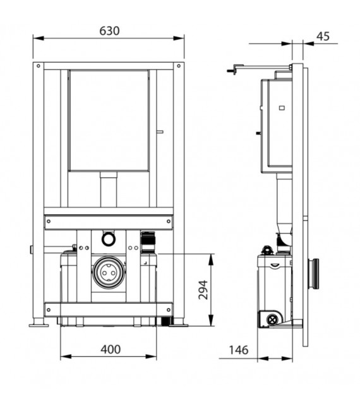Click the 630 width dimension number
109,31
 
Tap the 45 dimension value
323,36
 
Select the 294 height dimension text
203,289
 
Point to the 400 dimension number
109,349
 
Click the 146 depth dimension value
238,350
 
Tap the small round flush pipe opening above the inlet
108,239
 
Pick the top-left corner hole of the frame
39,66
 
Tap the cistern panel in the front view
109,120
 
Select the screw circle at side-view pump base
273,319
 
